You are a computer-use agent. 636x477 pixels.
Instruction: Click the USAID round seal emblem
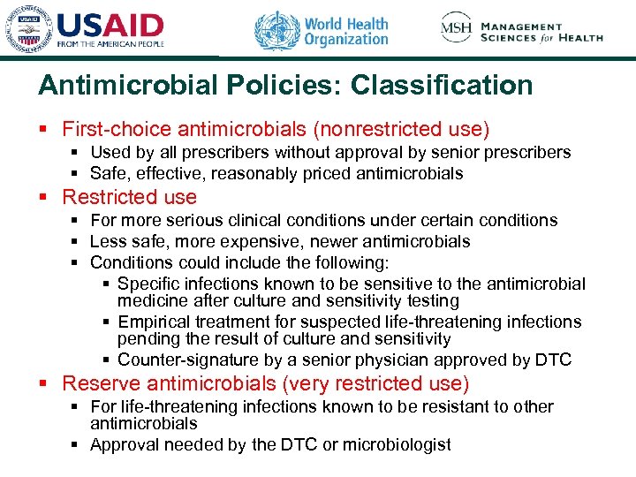(28, 30)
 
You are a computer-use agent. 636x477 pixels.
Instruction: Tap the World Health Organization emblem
(276, 30)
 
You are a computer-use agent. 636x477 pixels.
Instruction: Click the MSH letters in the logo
(458, 29)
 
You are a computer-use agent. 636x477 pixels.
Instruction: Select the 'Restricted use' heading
(130, 197)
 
